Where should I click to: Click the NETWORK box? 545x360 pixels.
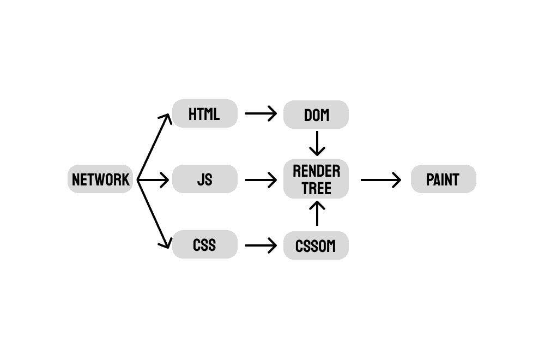(x=100, y=179)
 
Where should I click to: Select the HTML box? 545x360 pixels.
(x=204, y=114)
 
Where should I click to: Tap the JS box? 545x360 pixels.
(x=204, y=179)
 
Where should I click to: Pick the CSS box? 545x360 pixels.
(x=204, y=245)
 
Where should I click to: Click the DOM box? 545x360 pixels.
(x=316, y=115)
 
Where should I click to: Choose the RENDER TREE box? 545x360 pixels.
(x=316, y=179)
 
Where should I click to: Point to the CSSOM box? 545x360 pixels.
(x=316, y=246)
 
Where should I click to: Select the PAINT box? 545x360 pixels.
(x=443, y=179)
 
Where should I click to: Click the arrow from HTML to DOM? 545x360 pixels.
(x=261, y=114)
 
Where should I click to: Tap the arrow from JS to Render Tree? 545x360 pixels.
(x=261, y=179)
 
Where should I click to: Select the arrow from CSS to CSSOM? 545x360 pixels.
(x=261, y=245)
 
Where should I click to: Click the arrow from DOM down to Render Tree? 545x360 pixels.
(x=316, y=143)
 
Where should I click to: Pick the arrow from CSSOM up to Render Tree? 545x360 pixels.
(x=316, y=214)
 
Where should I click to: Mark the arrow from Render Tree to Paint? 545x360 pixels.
(x=380, y=179)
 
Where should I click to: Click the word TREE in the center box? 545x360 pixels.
(x=316, y=188)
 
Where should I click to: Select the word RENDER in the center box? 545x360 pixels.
(x=316, y=171)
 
